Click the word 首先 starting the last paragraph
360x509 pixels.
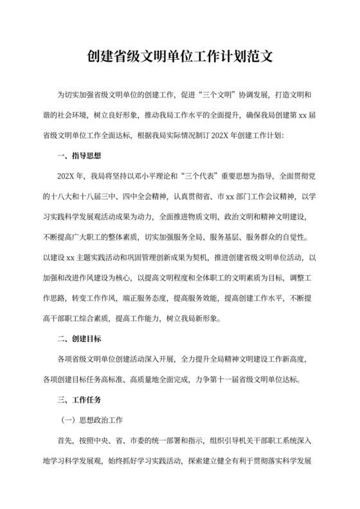[x=64, y=441]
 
